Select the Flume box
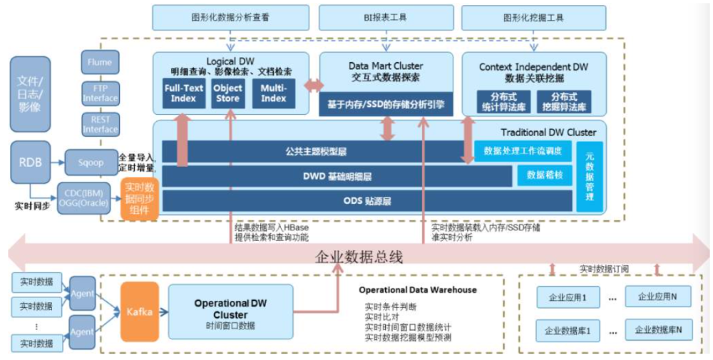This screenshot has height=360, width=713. pos(100,63)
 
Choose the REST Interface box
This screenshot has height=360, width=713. pos(100,124)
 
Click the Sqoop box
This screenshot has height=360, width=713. pos(91,162)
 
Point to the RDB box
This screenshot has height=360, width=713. pos(31,162)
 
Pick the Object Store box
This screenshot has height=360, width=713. pos(227,93)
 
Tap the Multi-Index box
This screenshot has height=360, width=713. pos(273,93)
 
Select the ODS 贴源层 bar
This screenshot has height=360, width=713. pos(367,200)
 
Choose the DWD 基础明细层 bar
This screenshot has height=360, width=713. pos(337,176)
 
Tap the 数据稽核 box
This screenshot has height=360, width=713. pos(545,175)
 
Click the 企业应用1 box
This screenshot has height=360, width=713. pos(566,297)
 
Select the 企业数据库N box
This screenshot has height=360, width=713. pos(659,329)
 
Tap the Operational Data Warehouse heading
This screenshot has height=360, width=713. pos(417,290)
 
